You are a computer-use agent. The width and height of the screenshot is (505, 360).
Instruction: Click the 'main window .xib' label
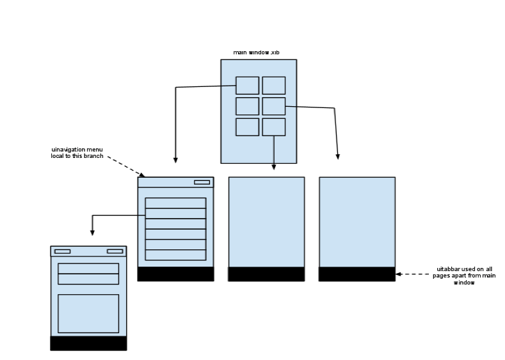(256, 52)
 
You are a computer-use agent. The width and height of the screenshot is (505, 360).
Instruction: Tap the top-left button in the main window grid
(247, 86)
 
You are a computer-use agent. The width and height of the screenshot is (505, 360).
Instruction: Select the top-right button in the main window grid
(273, 86)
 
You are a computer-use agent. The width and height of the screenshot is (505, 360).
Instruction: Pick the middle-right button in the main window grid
(273, 106)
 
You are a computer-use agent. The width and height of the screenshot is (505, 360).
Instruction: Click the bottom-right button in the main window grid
(273, 127)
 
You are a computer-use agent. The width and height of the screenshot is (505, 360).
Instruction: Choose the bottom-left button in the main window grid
(247, 127)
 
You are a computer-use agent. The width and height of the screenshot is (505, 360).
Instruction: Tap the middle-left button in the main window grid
(247, 106)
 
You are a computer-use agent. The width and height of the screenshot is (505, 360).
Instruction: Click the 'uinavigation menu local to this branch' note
(77, 153)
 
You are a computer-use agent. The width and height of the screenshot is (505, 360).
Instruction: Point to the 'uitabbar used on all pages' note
(465, 276)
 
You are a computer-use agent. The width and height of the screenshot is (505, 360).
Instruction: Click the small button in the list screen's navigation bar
(202, 182)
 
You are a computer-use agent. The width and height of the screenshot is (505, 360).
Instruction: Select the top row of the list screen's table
(175, 203)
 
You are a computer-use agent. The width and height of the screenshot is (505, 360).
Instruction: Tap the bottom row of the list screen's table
(175, 255)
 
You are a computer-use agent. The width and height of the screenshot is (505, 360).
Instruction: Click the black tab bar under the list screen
(175, 274)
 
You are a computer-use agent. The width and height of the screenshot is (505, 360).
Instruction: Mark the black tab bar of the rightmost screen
(357, 274)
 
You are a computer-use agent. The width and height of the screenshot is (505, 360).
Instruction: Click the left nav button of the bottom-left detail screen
(63, 251)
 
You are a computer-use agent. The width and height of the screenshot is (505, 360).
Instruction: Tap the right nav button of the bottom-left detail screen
(115, 251)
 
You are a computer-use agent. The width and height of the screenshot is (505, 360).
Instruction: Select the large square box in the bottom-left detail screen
(88, 313)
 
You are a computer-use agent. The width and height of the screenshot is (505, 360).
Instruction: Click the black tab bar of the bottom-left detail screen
(88, 343)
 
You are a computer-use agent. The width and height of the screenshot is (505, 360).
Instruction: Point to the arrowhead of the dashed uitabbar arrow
(398, 274)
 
